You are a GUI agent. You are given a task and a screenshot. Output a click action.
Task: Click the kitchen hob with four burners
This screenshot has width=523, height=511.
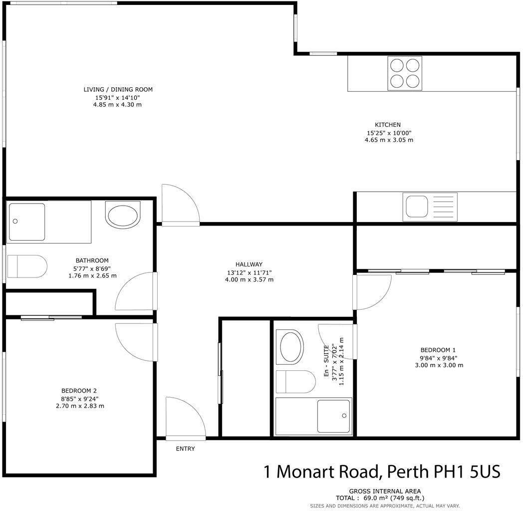pos(405,73)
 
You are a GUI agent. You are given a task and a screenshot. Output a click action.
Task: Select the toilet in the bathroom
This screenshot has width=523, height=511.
pos(28,266)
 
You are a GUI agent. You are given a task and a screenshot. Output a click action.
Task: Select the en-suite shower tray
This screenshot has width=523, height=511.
pos(334,416)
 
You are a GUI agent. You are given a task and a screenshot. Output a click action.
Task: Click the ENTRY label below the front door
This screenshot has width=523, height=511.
pos(185,449)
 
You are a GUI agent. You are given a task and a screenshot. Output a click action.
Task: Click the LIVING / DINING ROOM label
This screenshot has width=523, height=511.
pos(118,90)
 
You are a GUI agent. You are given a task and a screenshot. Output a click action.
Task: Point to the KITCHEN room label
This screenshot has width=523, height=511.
pos(388,125)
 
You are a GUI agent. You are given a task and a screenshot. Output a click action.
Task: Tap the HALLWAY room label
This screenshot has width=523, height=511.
pos(249,264)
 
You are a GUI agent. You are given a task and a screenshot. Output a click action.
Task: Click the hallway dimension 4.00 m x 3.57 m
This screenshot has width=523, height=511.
pos(249,280)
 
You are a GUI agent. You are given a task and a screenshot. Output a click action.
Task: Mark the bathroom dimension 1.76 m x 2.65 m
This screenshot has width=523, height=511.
pos(92,275)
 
